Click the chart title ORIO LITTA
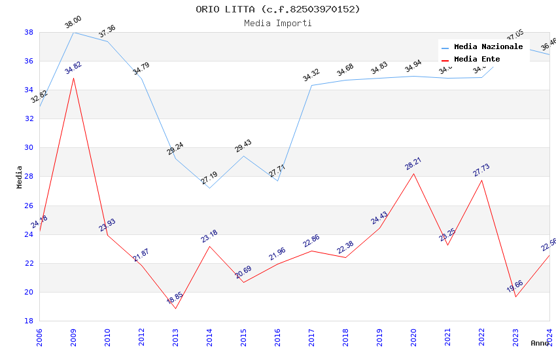(277, 9)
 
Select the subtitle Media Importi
(277, 24)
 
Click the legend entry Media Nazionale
(488, 47)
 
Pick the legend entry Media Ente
(477, 60)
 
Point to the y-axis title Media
(20, 177)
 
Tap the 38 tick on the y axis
(29, 32)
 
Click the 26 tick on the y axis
(29, 206)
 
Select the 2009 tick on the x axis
(73, 336)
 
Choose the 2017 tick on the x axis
(311, 336)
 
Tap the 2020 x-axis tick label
(413, 336)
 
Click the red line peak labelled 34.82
(73, 78)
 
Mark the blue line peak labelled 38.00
(73, 32)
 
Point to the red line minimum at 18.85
(175, 308)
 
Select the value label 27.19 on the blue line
(209, 177)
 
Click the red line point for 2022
(481, 180)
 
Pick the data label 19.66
(515, 287)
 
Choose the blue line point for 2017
(311, 85)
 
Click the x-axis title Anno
(540, 343)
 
